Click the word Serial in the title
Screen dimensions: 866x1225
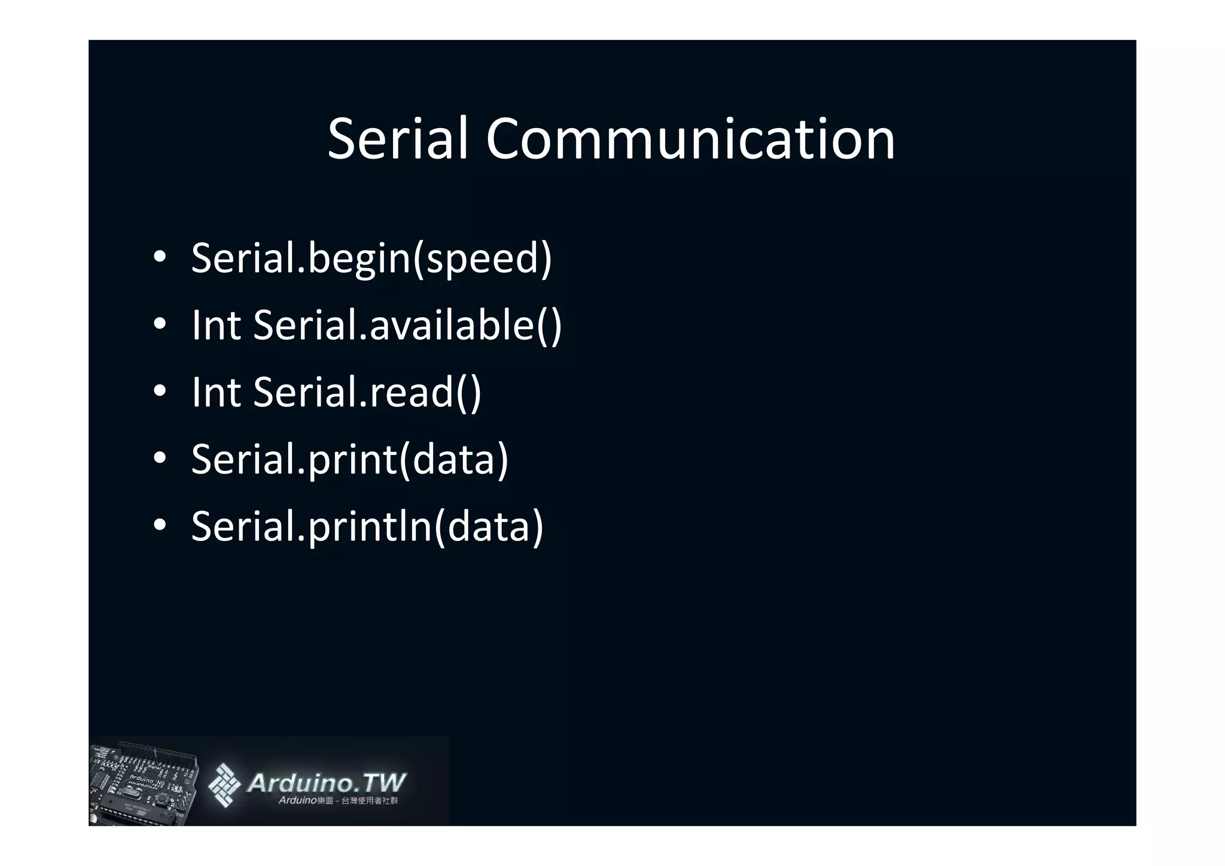pyautogui.click(x=397, y=139)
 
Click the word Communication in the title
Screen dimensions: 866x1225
pyautogui.click(x=690, y=139)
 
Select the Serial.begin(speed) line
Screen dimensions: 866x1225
pyautogui.click(x=371, y=259)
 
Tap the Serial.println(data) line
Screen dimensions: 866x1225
pyautogui.click(x=367, y=527)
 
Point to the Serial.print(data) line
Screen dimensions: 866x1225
pyautogui.click(x=349, y=460)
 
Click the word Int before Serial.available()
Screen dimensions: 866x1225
pyautogui.click(x=216, y=326)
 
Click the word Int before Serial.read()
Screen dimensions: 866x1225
pyautogui.click(x=216, y=393)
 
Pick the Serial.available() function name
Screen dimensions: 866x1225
pyautogui.click(x=407, y=326)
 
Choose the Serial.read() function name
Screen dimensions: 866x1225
pyautogui.click(x=367, y=393)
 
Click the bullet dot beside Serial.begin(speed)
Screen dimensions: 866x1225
pyautogui.click(x=159, y=257)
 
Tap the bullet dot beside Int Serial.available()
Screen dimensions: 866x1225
pyautogui.click(x=159, y=324)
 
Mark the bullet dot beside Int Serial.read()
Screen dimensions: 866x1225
pyautogui.click(x=159, y=391)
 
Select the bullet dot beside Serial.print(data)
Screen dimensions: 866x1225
pyautogui.click(x=159, y=458)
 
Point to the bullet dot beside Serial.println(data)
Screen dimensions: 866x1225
pyautogui.click(x=159, y=525)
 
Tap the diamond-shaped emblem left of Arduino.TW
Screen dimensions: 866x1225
pyautogui.click(x=225, y=785)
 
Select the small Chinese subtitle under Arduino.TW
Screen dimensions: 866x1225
pyautogui.click(x=338, y=801)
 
